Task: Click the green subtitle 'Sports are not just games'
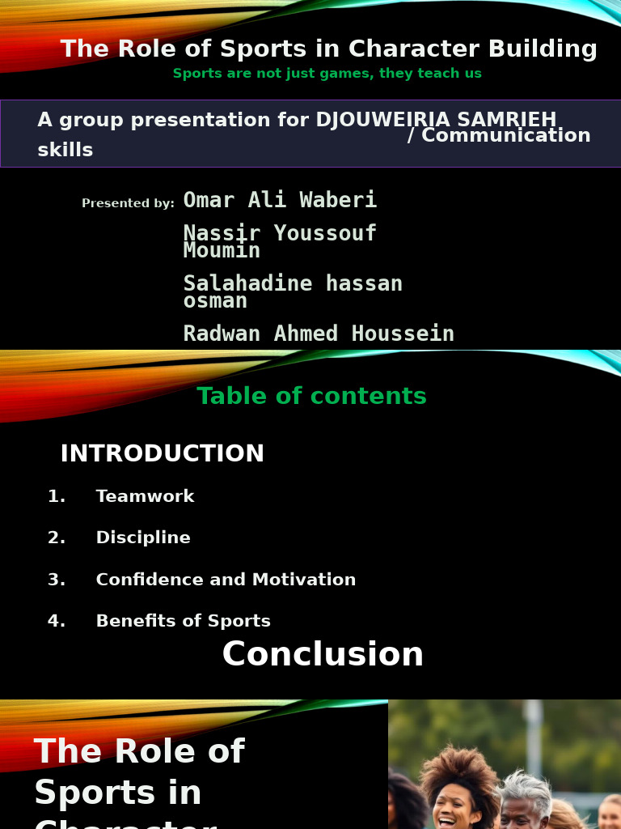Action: coord(327,74)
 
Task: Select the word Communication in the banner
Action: coord(505,136)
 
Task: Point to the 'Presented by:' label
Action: coord(128,203)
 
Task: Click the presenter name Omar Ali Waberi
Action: coord(280,200)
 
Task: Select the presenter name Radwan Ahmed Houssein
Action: coord(319,334)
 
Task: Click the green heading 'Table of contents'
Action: coord(311,396)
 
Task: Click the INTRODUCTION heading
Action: coord(162,453)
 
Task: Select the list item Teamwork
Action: coord(145,496)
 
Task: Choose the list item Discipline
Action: coord(143,538)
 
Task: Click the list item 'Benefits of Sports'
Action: coord(183,621)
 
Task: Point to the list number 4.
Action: coord(56,621)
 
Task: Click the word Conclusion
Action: coord(323,654)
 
